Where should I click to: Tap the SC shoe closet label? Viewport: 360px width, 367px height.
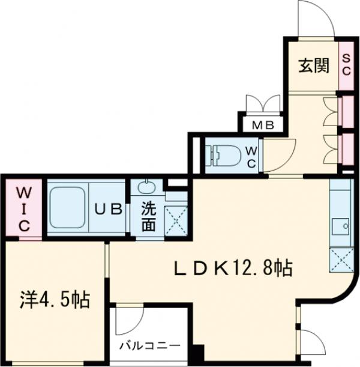(346, 64)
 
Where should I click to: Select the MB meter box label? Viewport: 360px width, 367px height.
(262, 126)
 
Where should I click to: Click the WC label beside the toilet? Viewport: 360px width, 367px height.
(251, 155)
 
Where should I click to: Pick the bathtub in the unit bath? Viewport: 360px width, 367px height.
(68, 208)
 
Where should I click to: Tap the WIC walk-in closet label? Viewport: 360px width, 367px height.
(23, 208)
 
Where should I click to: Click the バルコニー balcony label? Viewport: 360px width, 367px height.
(150, 346)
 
